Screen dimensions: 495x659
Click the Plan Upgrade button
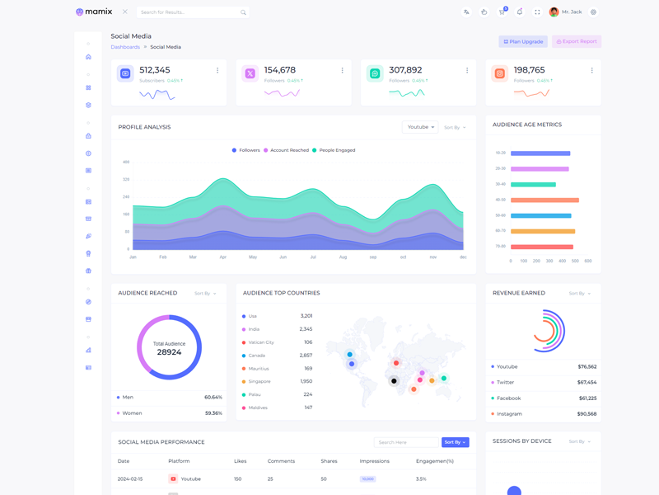(x=523, y=41)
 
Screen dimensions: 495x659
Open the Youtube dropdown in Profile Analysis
(x=420, y=127)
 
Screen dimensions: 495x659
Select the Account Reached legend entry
(x=289, y=150)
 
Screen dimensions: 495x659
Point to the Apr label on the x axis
(x=222, y=257)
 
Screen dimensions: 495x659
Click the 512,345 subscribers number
(x=155, y=70)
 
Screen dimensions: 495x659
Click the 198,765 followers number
(x=529, y=70)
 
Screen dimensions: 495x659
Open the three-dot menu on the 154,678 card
(x=342, y=71)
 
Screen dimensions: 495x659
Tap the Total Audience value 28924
(x=169, y=352)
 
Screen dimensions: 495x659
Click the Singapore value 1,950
(x=306, y=381)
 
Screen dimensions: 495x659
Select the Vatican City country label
(x=261, y=342)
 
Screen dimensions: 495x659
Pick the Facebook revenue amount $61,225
(x=587, y=398)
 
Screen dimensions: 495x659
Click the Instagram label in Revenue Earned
(x=509, y=414)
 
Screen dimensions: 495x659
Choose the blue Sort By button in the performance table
(x=455, y=442)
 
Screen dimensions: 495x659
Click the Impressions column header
(x=375, y=461)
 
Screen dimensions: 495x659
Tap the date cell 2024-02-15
(x=130, y=478)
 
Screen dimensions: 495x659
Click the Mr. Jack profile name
(x=572, y=12)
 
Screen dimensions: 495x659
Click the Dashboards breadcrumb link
(x=125, y=47)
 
